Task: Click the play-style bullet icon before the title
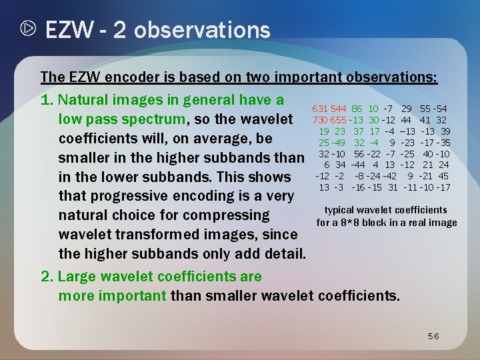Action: (28, 30)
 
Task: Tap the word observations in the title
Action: (201, 30)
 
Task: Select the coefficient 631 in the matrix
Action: (321, 108)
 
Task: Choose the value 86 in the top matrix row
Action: (357, 108)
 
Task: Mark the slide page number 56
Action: (433, 337)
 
